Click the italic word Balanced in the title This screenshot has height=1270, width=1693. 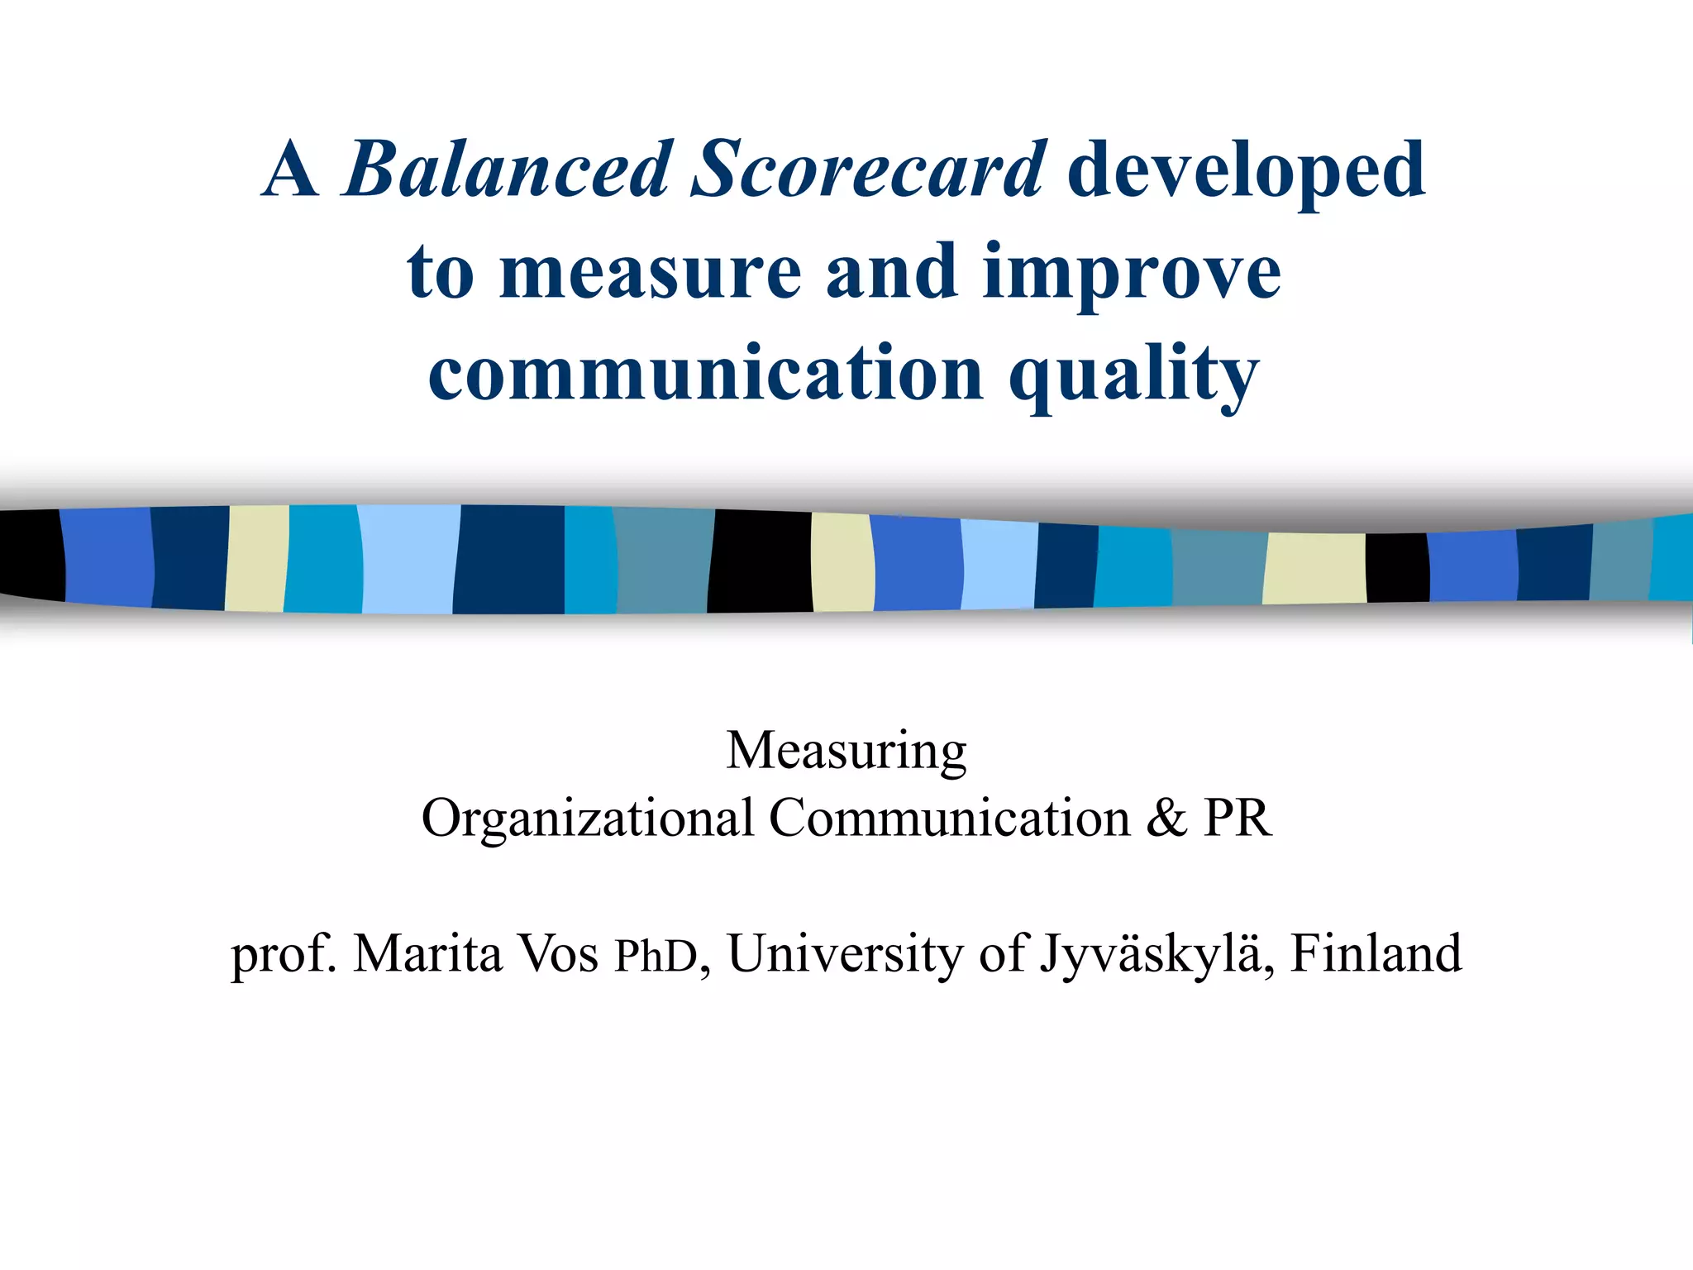pyautogui.click(x=506, y=170)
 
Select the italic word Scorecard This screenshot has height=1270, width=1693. pyautogui.click(x=869, y=170)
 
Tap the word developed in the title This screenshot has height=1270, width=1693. pyautogui.click(x=1247, y=170)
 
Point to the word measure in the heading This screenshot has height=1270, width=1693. pyautogui.click(x=651, y=273)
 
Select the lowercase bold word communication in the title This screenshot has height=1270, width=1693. pyautogui.click(x=706, y=374)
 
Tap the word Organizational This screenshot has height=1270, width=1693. pyautogui.click(x=588, y=819)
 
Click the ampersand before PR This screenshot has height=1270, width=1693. pyautogui.click(x=1166, y=819)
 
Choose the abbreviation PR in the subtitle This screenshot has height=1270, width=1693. pyautogui.click(x=1237, y=819)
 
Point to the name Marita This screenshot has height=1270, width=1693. pyautogui.click(x=427, y=953)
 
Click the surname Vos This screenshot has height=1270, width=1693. pyautogui.click(x=558, y=953)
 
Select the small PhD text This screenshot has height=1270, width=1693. pyautogui.click(x=656, y=957)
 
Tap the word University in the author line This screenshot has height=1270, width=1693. pyautogui.click(x=846, y=953)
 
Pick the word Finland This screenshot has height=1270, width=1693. pyautogui.click(x=1376, y=953)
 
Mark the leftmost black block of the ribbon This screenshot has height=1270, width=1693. pyautogui.click(x=31, y=554)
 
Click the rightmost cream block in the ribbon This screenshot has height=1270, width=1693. pyautogui.click(x=1314, y=568)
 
